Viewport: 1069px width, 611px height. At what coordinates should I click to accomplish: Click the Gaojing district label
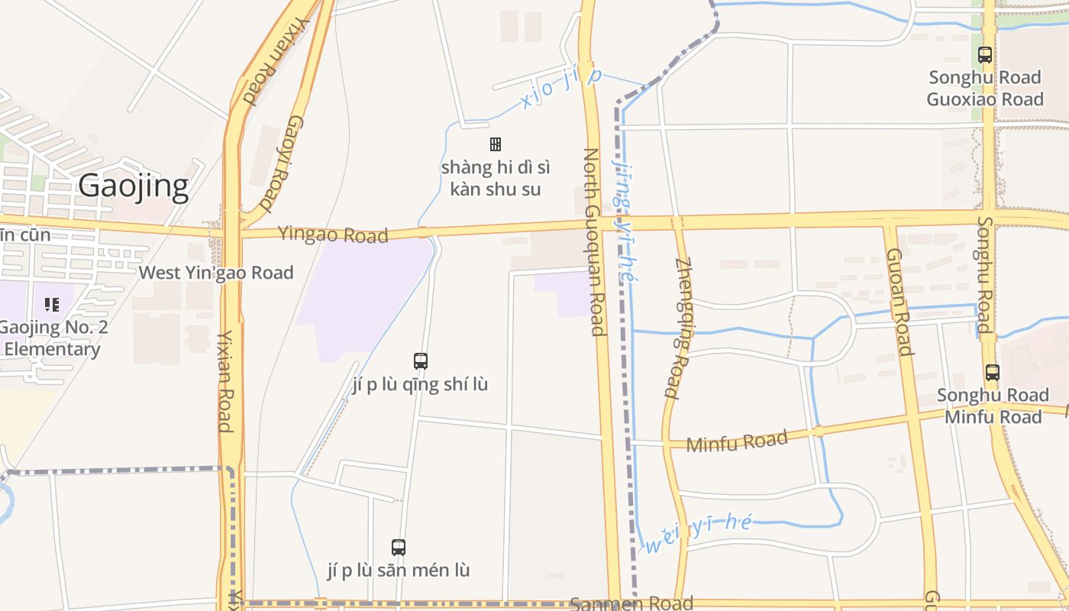(134, 186)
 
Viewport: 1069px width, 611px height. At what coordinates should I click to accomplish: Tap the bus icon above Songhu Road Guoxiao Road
(985, 55)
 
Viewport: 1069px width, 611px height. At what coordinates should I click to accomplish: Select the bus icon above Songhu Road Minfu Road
(992, 373)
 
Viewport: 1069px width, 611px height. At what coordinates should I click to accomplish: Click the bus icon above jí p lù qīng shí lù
(420, 361)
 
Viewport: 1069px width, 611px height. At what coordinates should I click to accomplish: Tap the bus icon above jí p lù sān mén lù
(398, 547)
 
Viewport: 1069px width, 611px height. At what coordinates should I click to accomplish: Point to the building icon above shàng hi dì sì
(495, 144)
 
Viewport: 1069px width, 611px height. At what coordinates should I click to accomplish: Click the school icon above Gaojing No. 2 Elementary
(52, 305)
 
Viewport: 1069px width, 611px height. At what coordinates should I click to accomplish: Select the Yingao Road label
(333, 234)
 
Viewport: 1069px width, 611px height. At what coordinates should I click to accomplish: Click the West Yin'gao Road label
(216, 273)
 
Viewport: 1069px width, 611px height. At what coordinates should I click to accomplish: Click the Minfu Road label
(737, 441)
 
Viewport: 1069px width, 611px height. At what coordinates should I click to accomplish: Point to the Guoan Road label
(899, 302)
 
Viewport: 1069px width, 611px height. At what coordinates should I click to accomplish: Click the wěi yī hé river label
(699, 534)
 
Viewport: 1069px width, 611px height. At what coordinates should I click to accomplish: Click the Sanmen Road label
(632, 603)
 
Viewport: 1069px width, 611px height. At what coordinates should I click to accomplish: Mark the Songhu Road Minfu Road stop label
(993, 406)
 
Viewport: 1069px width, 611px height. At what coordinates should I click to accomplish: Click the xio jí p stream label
(561, 88)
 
